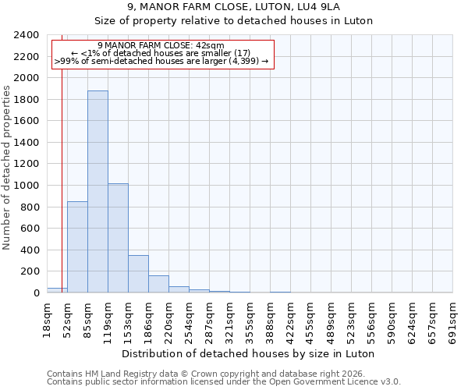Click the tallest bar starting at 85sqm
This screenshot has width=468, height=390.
pyautogui.click(x=97, y=192)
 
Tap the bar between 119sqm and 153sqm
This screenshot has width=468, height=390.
pyautogui.click(x=118, y=238)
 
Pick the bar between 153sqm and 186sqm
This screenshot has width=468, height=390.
pyautogui.click(x=138, y=274)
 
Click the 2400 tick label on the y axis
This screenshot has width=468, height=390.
pyautogui.click(x=27, y=35)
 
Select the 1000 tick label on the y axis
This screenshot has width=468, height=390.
pyautogui.click(x=27, y=186)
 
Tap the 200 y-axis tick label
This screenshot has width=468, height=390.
pyautogui.click(x=30, y=271)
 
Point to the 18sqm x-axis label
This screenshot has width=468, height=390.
pyautogui.click(x=47, y=320)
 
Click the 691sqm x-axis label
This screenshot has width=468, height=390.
pyautogui.click(x=453, y=320)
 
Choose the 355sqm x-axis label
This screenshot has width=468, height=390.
pyautogui.click(x=250, y=320)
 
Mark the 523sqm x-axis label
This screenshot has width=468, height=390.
pyautogui.click(x=352, y=320)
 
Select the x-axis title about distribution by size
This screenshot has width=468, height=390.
pyautogui.click(x=249, y=353)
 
